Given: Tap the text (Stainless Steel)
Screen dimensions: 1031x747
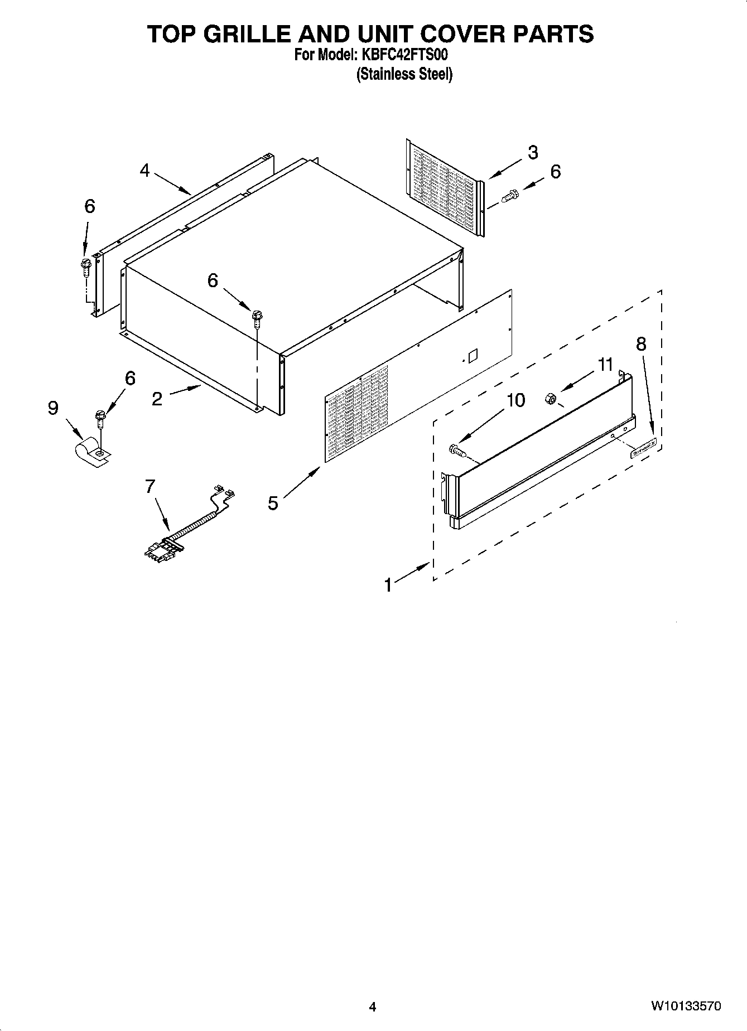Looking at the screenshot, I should point(404,74).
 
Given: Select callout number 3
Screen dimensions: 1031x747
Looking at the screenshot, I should point(533,152).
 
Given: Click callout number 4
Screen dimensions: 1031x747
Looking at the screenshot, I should point(145,170).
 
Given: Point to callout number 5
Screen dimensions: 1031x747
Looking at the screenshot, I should point(273,503).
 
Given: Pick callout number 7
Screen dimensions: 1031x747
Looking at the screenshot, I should point(150,487).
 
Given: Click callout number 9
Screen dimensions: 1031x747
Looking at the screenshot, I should point(53,409).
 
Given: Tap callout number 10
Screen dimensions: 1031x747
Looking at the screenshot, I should point(516,400).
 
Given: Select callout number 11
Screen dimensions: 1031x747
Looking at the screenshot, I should point(605,365).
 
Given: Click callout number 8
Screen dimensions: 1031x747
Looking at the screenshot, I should point(641,344).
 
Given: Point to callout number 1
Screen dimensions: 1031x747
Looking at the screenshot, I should point(388,585).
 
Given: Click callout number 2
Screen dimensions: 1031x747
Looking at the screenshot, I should point(157,399).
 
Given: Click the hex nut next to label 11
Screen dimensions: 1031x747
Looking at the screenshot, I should point(549,398).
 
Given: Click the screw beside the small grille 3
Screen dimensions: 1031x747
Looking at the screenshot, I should point(510,196).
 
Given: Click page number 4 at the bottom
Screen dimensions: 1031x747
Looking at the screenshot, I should point(373,1006).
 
